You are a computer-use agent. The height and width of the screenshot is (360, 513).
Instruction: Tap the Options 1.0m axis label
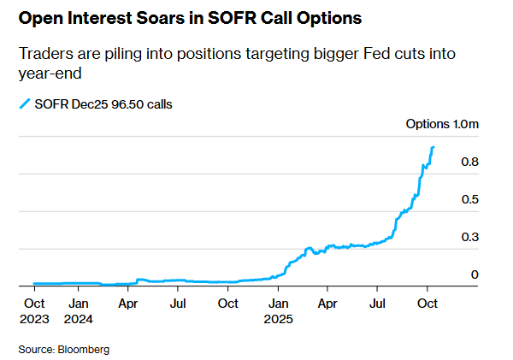(x=442, y=125)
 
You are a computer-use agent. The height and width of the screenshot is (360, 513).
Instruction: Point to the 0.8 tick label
(x=469, y=162)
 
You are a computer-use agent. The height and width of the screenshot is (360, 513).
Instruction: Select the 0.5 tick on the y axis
(x=469, y=200)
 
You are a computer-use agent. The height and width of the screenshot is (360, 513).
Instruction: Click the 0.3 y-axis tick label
(x=469, y=238)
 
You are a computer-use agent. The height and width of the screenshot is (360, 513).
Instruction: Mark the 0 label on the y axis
(x=475, y=275)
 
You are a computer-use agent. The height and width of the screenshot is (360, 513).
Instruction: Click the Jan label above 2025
(x=277, y=303)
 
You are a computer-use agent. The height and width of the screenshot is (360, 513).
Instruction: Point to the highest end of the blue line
(x=433, y=147)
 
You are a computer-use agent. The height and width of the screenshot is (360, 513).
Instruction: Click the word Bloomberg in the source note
(x=83, y=349)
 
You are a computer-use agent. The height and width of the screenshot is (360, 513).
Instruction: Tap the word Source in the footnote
(x=35, y=349)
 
